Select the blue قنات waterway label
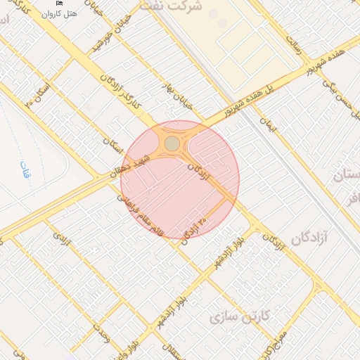point(25,168)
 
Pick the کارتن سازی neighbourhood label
point(236,318)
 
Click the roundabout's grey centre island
point(172,144)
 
